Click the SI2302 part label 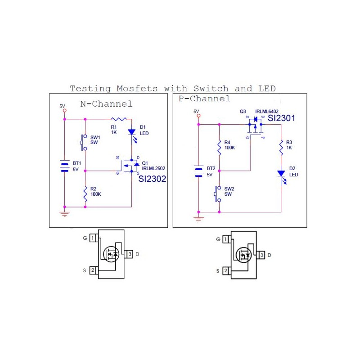pyautogui.click(x=152, y=179)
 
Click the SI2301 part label pyautogui.click(x=281, y=118)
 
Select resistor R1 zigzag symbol pyautogui.click(x=119, y=119)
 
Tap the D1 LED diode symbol pyautogui.click(x=131, y=132)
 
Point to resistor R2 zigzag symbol pyautogui.click(x=85, y=194)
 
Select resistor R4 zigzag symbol pyautogui.click(x=219, y=148)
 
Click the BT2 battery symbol pyautogui.click(x=198, y=171)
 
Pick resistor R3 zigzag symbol pyautogui.click(x=281, y=148)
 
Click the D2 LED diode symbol pyautogui.click(x=281, y=174)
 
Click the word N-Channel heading pyautogui.click(x=106, y=104)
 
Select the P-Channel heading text pyautogui.click(x=204, y=99)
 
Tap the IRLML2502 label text pyautogui.click(x=153, y=168)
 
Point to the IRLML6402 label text pyautogui.click(x=267, y=111)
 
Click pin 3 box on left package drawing pyautogui.click(x=130, y=254)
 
